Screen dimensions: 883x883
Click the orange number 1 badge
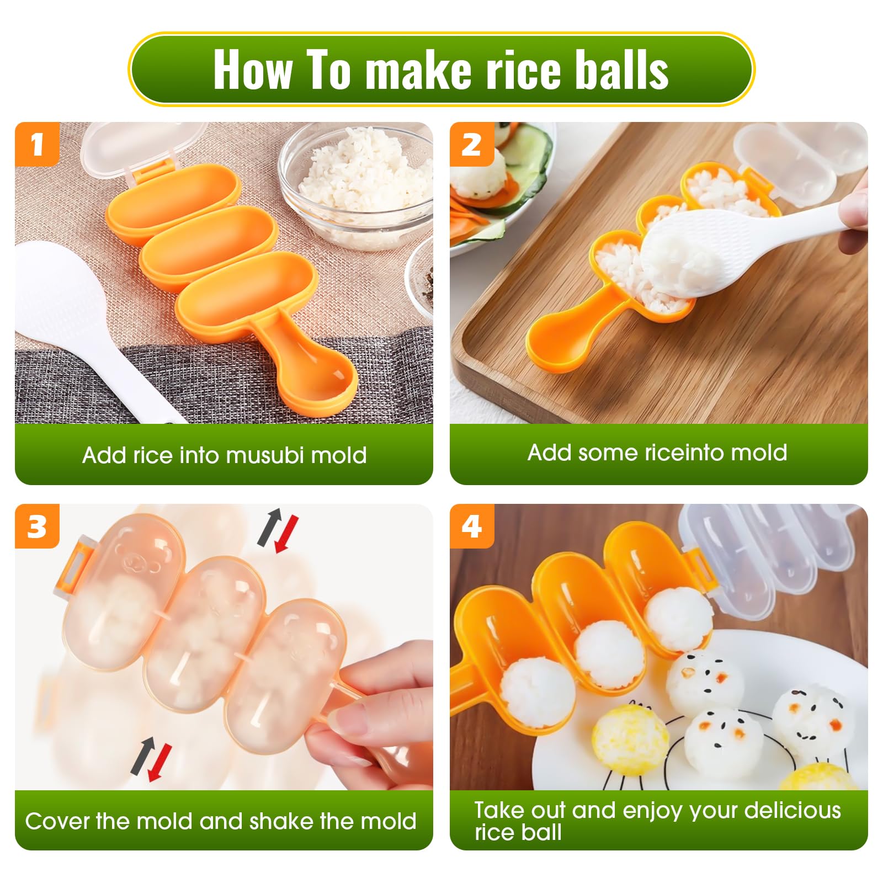37,144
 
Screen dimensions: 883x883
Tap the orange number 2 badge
472,144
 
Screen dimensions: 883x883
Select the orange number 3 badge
37,526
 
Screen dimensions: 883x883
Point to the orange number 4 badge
472,526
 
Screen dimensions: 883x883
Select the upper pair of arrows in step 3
278,530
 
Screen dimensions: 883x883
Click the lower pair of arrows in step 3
151,758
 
